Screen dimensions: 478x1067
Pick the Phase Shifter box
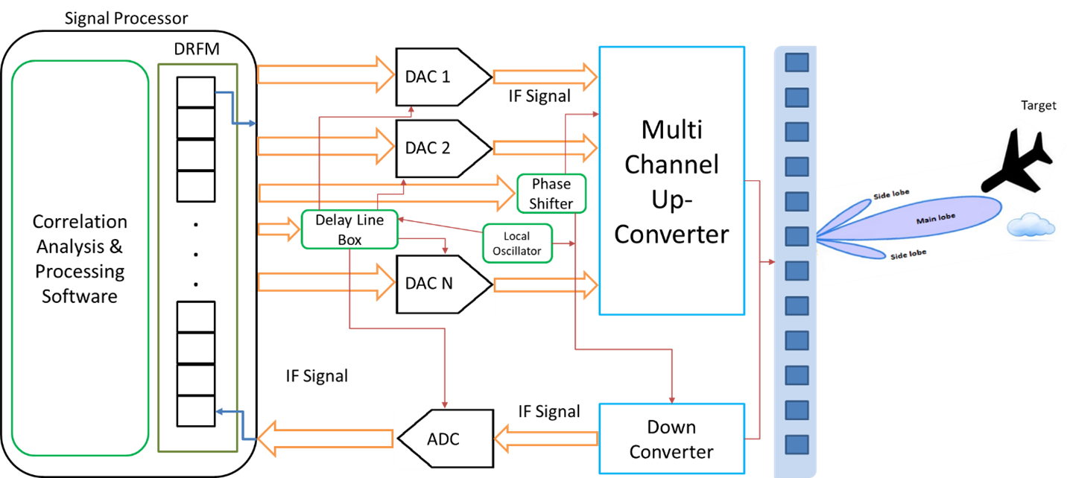551,193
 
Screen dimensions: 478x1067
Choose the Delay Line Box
349,229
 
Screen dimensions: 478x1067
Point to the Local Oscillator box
517,243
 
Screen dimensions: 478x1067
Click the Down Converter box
671,439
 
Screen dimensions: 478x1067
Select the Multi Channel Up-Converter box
671,181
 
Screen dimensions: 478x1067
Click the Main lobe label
935,217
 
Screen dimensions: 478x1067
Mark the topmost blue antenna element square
797,63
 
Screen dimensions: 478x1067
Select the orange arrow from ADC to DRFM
325,439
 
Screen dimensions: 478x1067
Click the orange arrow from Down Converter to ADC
547,439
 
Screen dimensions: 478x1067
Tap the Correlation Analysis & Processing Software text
80,258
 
